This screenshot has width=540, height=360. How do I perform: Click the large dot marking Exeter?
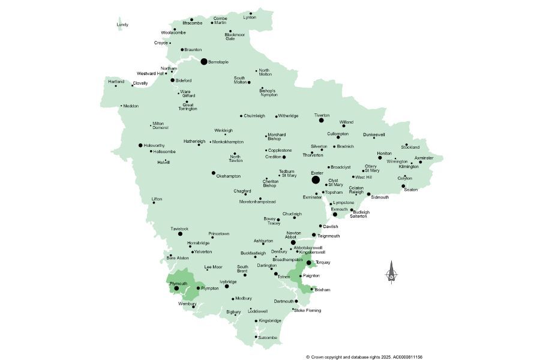tap(316, 179)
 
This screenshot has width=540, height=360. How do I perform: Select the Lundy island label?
tap(122, 25)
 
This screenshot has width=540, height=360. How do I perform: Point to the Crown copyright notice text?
tap(364, 356)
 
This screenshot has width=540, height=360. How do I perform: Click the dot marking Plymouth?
tap(176, 289)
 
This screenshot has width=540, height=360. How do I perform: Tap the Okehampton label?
tap(229, 176)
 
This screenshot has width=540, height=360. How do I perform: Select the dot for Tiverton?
tap(321, 121)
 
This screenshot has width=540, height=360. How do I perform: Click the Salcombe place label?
tap(268, 337)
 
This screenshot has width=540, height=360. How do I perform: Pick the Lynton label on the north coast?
tap(250, 17)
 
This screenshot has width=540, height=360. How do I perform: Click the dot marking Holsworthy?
tap(140, 145)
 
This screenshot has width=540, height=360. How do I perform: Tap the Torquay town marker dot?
tap(308, 262)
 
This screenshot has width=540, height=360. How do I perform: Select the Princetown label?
tap(219, 233)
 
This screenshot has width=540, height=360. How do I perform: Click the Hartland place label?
tap(116, 82)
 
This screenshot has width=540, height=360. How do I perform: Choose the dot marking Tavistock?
tap(180, 234)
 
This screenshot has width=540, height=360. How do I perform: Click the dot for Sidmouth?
tap(369, 194)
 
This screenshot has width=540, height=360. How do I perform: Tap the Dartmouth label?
tap(284, 301)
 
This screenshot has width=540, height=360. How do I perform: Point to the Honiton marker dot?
tap(380, 158)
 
